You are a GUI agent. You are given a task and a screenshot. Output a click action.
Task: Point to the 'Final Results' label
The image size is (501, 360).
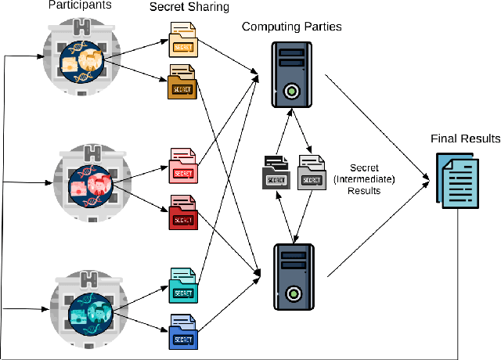[465, 139]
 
